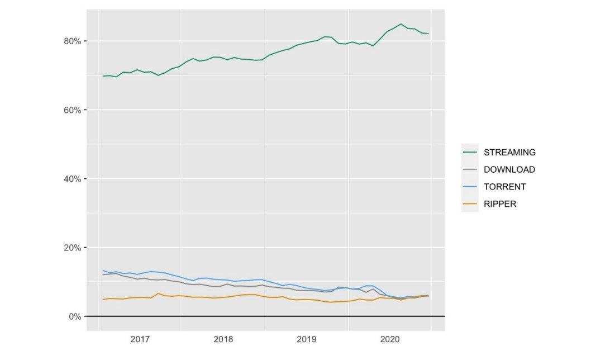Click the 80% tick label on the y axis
73,41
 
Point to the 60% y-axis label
73,110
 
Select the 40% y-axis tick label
73,179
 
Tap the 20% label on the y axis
73,248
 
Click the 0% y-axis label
75,316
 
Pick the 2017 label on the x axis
140,339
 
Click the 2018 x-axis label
223,339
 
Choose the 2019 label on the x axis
307,339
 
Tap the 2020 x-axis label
390,339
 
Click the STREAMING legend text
509,153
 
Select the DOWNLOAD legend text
509,170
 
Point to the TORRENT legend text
504,187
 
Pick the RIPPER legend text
500,204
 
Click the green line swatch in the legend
470,152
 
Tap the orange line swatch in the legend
470,204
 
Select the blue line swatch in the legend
470,187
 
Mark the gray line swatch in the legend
470,169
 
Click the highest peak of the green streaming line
401,24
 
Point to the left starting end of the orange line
103,300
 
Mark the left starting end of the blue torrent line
103,271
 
